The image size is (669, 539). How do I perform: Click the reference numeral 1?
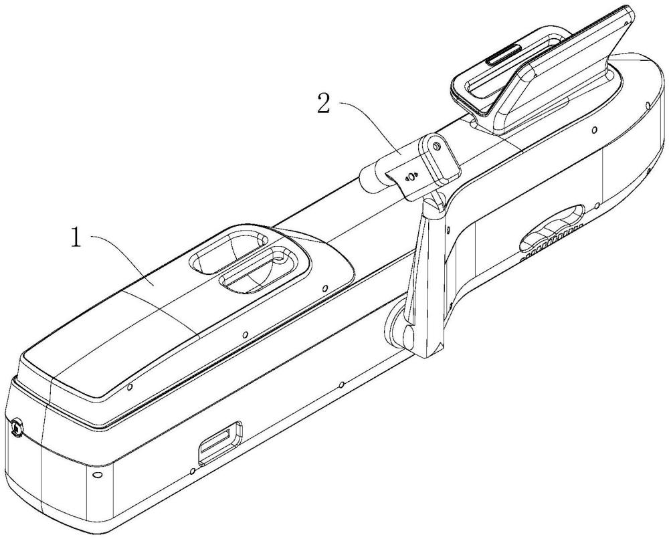[76, 238]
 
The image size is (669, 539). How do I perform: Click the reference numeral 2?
[323, 102]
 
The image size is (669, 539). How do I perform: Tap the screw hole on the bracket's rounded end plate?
[436, 146]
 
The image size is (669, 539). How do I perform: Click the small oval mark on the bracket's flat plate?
[411, 176]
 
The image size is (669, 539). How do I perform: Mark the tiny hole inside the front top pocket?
[279, 258]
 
